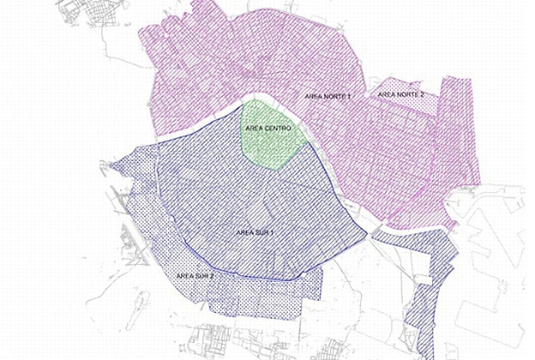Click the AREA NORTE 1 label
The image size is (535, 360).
click(328, 98)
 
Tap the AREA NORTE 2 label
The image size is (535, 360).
click(401, 93)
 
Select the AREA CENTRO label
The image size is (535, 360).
click(267, 128)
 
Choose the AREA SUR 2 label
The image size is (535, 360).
click(194, 275)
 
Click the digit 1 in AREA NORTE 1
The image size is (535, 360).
click(349, 98)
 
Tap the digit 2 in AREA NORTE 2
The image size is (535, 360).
click(423, 93)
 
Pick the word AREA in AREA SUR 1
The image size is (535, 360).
click(243, 232)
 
